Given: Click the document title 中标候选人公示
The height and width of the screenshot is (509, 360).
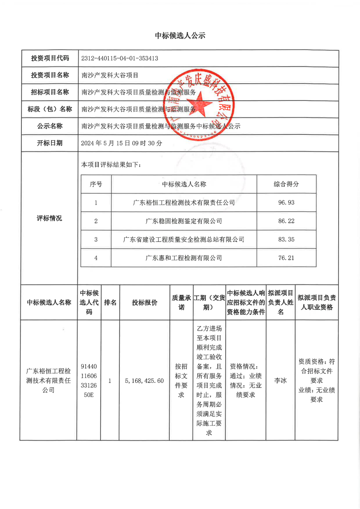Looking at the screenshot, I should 180,35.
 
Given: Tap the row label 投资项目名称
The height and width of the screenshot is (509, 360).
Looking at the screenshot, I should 50,75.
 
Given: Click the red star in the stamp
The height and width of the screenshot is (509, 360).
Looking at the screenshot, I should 202,107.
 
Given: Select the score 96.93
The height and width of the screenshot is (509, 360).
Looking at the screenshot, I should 286,202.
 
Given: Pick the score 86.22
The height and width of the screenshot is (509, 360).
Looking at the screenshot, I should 286,221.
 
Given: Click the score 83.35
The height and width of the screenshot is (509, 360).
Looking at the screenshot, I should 286,239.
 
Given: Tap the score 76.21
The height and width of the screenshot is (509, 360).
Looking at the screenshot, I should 286,258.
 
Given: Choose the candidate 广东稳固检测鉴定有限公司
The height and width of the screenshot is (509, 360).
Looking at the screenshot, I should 184,221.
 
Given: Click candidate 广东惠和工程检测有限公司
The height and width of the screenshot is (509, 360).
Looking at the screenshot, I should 184,258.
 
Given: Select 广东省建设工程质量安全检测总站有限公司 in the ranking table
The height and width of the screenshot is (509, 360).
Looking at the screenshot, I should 184,239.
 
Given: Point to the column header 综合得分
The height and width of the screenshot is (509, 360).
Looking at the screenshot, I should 286,184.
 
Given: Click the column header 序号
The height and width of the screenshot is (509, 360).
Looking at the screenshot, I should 96,184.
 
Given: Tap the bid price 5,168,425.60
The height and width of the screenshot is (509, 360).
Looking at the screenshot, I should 144,381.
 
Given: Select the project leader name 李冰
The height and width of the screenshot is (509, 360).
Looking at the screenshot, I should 281,381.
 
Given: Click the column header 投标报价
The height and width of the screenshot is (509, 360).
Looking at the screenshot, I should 144,303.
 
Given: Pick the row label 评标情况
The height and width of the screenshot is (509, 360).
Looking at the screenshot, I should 49,218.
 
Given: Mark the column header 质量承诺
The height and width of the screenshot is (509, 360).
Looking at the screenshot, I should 181,303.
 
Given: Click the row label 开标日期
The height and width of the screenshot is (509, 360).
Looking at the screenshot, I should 50,143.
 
